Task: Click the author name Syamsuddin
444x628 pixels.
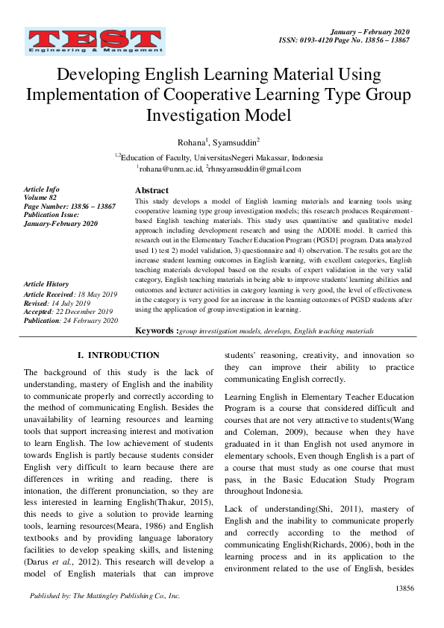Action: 237,141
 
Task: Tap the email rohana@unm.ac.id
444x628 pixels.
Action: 170,169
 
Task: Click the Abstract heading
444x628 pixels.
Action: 151,191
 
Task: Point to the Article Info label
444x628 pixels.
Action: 43,189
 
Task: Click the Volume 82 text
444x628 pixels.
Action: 41,198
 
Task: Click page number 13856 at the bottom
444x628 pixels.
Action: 404,588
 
